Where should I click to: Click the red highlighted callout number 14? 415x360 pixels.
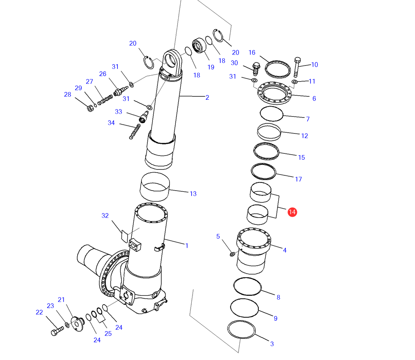coord(292,212)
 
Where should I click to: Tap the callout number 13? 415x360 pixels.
coord(193,194)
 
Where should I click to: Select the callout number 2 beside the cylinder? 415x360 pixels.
coord(207,98)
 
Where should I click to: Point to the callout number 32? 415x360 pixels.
coord(105,215)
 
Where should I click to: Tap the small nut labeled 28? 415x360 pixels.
coord(90,108)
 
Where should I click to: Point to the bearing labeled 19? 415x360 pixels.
coord(199,46)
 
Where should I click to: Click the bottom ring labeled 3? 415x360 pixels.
coord(241,330)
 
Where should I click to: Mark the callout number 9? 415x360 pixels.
coord(275,318)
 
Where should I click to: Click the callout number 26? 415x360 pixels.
coord(103,74)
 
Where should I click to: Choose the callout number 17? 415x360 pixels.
coord(298,179)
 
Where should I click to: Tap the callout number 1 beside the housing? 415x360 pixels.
coord(187,245)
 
